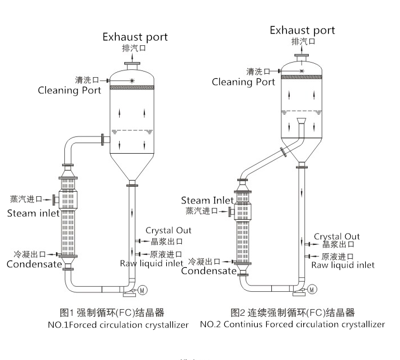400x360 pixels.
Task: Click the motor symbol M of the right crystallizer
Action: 312,289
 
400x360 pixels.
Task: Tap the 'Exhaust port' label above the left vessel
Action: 135,37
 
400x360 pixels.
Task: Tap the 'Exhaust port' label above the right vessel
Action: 302,30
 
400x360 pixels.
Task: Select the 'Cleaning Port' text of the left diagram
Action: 69,90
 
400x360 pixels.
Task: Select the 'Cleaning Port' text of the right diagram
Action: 243,82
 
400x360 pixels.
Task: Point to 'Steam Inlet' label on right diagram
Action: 203,200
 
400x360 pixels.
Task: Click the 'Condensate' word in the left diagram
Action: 34,264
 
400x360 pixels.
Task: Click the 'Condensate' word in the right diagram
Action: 209,271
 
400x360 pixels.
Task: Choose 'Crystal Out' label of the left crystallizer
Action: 168,230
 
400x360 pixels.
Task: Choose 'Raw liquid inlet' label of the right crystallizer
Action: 343,265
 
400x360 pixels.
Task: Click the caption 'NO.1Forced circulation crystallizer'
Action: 118,324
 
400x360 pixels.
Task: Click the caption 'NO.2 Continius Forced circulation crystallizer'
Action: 292,324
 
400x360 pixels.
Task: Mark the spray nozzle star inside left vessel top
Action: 132,81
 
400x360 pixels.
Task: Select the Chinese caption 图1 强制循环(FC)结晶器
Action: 112,312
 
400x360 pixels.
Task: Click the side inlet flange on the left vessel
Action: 103,139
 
